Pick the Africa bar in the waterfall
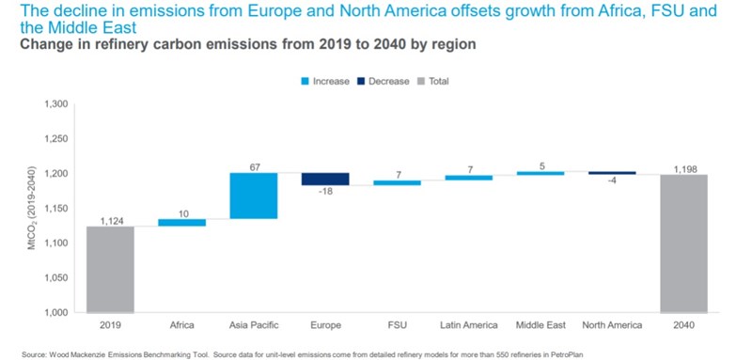coord(181,223)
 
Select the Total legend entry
coord(438,82)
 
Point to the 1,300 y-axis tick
coord(56,103)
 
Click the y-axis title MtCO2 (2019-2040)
coord(23,208)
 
